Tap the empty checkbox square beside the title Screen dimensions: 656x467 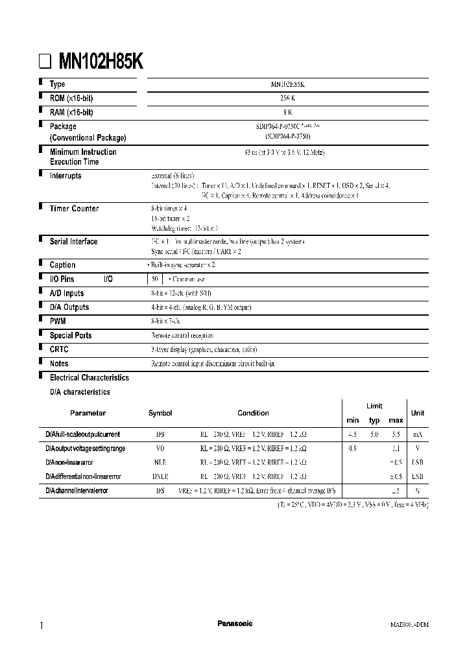point(45,62)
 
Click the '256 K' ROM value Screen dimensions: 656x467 point(288,99)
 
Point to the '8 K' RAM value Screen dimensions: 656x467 point(288,112)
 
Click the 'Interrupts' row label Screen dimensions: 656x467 point(66,176)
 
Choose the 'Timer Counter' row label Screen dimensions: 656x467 point(74,209)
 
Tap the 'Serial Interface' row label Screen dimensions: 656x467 point(73,242)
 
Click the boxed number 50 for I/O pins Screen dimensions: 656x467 point(154,279)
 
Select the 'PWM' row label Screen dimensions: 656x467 point(58,322)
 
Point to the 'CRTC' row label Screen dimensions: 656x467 point(59,349)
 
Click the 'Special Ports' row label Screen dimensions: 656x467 point(70,336)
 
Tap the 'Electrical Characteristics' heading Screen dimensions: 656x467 point(89,378)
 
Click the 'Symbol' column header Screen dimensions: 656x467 point(160,413)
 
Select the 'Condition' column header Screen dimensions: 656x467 point(253,413)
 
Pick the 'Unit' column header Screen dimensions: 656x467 point(418,413)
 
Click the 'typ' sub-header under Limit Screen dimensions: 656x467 point(374,421)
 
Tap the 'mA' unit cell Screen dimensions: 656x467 point(417,434)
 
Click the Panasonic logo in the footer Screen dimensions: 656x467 point(234,624)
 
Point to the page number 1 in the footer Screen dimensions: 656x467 point(42,625)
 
